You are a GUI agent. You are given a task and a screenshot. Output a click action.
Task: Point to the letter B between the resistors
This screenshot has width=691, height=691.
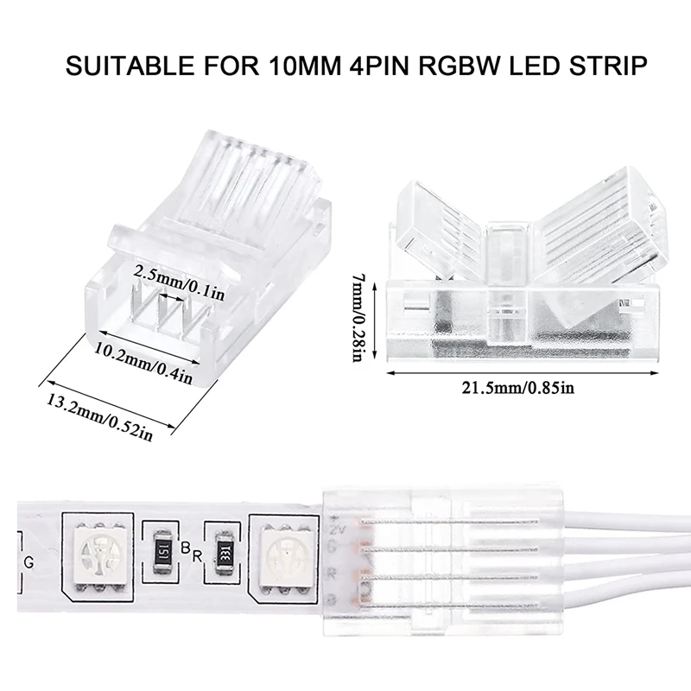(187, 545)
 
